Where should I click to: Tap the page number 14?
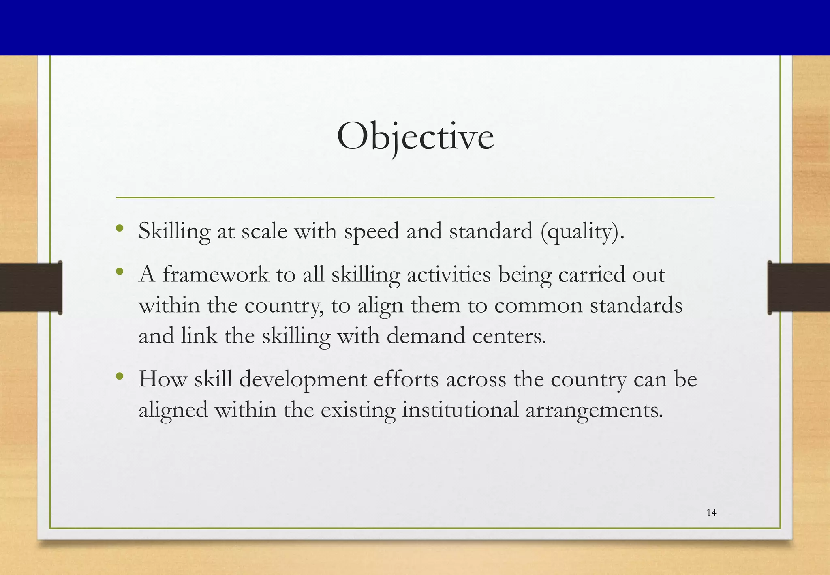[x=711, y=513]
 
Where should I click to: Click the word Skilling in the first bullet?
[x=174, y=232]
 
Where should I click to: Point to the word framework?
[x=216, y=275]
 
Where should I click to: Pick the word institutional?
[x=460, y=410]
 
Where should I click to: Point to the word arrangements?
[x=594, y=410]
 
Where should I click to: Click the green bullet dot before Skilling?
[x=119, y=228]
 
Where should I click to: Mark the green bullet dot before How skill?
[x=119, y=376]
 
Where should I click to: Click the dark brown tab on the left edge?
[x=31, y=287]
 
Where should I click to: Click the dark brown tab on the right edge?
[x=799, y=287]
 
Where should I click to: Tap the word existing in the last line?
[x=358, y=410]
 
